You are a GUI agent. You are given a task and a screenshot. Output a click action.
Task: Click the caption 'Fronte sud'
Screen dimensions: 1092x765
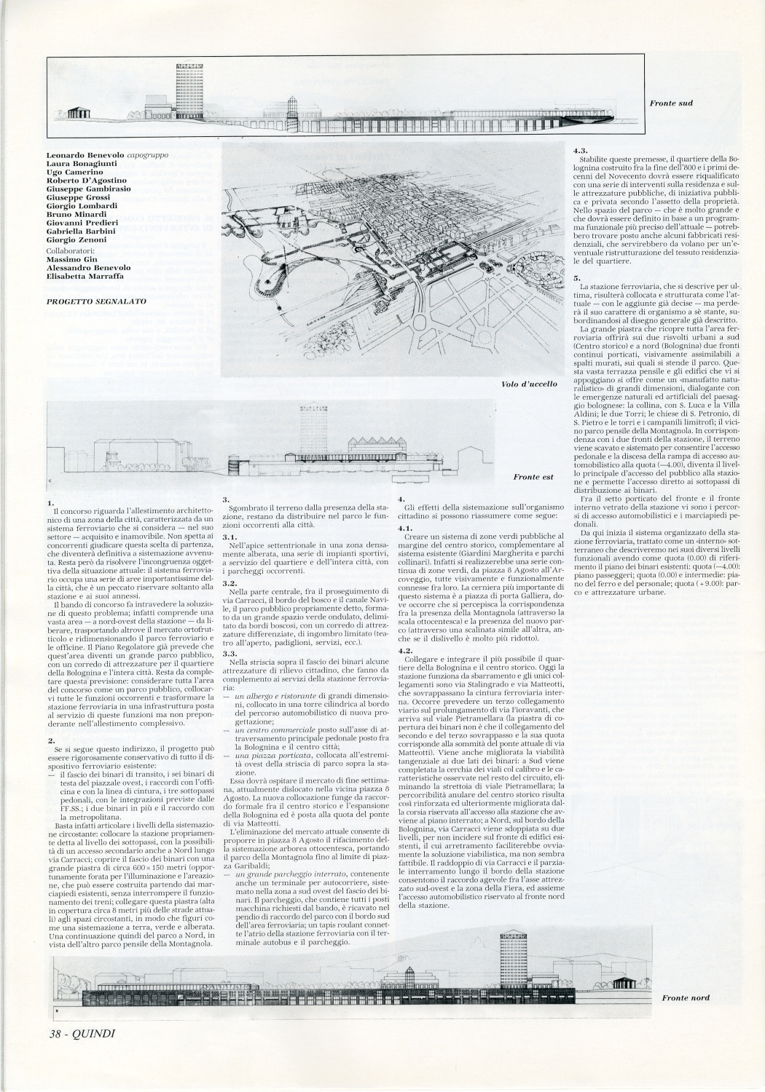click(x=670, y=103)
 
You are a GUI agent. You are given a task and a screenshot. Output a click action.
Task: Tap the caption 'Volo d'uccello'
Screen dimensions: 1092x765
click(x=529, y=384)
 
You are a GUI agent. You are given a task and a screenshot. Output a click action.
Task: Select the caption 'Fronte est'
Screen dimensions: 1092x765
click(x=533, y=477)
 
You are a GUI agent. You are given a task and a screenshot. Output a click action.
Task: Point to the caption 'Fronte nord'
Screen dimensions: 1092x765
click(x=686, y=997)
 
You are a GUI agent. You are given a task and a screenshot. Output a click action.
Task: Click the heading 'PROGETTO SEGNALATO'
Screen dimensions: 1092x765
click(x=95, y=300)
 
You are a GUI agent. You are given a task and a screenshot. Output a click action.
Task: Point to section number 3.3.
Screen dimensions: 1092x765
click(x=230, y=654)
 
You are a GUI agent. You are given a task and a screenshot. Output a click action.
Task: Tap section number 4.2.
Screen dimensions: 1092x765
click(x=407, y=649)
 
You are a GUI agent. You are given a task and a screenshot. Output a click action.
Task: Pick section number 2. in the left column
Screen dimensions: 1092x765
click(x=50, y=740)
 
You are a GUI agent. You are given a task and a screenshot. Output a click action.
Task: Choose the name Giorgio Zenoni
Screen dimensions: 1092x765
click(x=76, y=240)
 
